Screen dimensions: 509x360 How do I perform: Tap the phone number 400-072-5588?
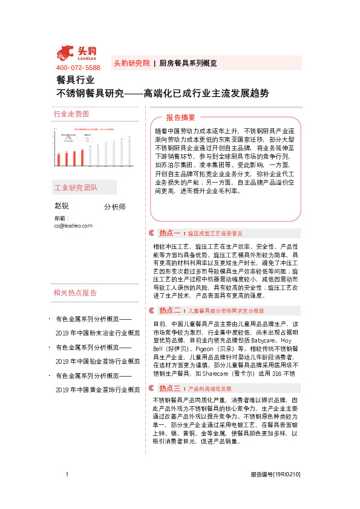click(78, 68)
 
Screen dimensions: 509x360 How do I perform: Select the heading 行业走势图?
click(71, 114)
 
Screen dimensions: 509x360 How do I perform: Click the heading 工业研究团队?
click(76, 188)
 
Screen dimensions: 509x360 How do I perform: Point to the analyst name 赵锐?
click(62, 206)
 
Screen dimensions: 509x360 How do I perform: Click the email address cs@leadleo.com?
click(73, 225)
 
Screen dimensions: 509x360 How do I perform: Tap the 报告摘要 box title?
click(181, 117)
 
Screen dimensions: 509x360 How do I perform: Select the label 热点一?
click(171, 233)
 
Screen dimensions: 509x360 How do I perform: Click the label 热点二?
click(171, 310)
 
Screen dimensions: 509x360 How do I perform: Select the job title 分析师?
click(115, 207)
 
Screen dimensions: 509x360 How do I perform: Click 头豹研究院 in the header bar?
click(132, 63)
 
